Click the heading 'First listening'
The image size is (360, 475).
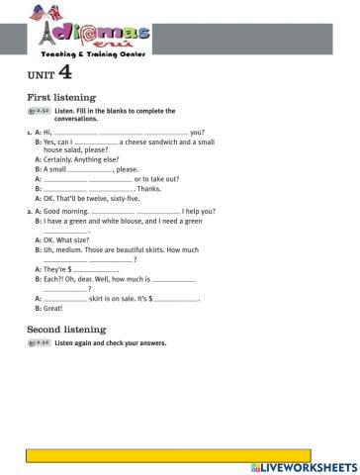tap(60, 98)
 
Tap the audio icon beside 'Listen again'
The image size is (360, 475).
tap(38, 343)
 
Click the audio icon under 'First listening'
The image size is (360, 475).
tap(38, 111)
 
